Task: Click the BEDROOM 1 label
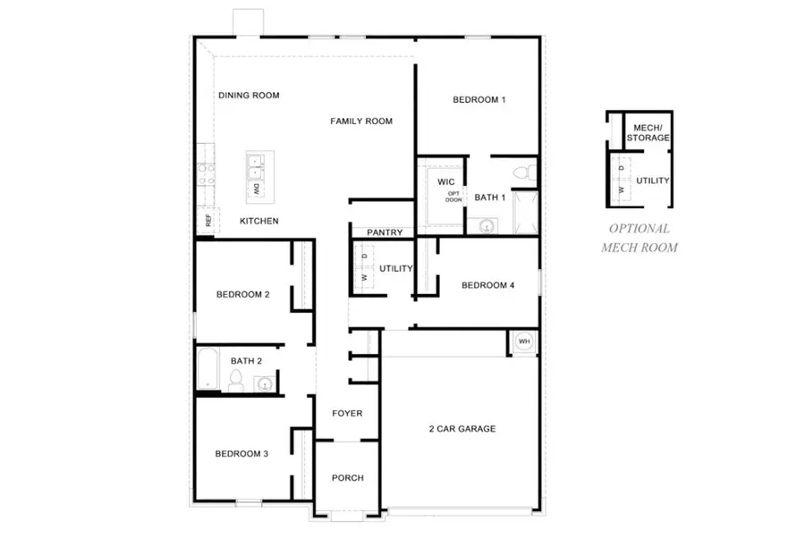[x=479, y=99]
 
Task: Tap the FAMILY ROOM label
[x=361, y=121]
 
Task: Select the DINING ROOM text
[x=249, y=96]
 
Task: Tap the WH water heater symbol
[x=524, y=341]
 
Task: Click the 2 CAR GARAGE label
[x=462, y=429]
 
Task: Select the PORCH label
[x=347, y=478]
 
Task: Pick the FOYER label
[x=347, y=414]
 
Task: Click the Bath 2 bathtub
[x=208, y=369]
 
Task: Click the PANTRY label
[x=385, y=232]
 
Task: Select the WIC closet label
[x=446, y=181]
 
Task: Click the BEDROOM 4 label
[x=488, y=286]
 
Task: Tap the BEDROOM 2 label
[x=242, y=294]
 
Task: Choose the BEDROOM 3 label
[x=241, y=454]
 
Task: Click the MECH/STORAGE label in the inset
[x=648, y=133]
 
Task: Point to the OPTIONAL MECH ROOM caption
[x=639, y=238]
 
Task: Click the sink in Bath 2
[x=264, y=384]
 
